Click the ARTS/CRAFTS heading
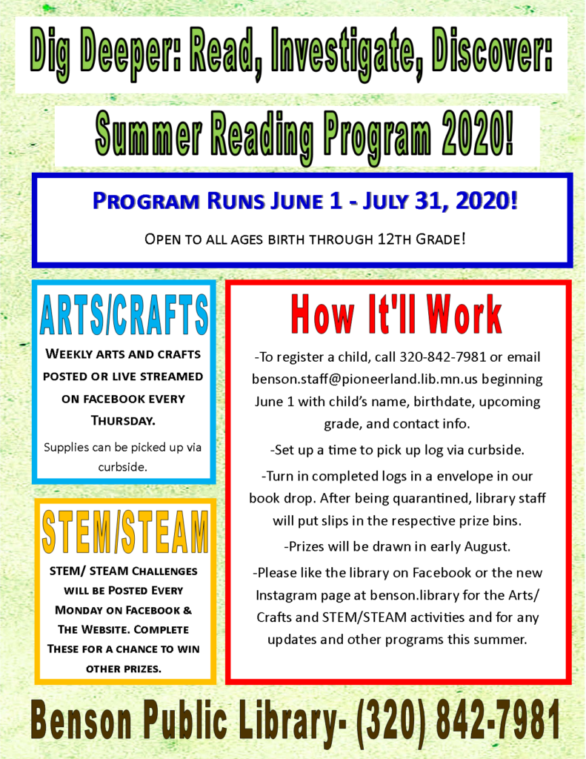point(124,316)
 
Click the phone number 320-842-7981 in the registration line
point(443,357)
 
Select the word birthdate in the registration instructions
point(443,402)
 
